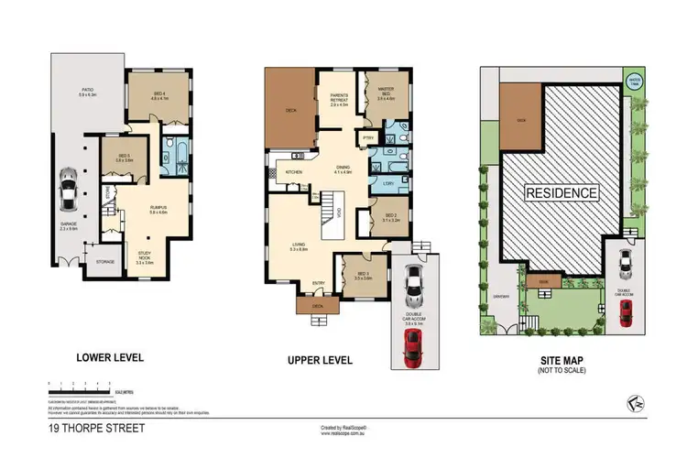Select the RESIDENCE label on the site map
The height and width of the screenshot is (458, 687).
[x=562, y=193]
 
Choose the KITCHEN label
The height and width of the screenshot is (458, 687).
[x=294, y=171]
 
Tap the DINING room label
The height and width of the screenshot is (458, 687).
[x=343, y=169]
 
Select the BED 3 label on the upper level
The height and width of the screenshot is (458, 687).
[x=362, y=275]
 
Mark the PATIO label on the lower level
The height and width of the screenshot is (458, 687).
[x=88, y=91]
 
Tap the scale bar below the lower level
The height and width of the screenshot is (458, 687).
[x=82, y=383]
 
